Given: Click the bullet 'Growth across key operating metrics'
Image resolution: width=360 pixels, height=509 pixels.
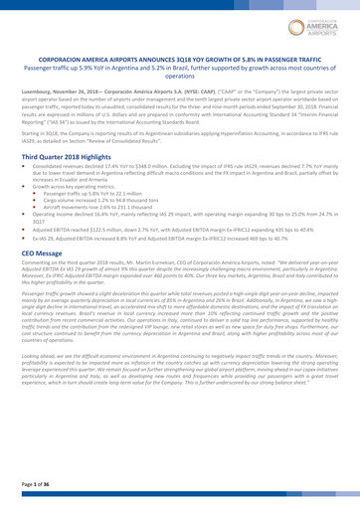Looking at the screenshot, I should pos(93,192).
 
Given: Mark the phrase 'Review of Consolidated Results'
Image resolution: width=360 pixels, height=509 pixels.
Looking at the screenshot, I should pos(158,143).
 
